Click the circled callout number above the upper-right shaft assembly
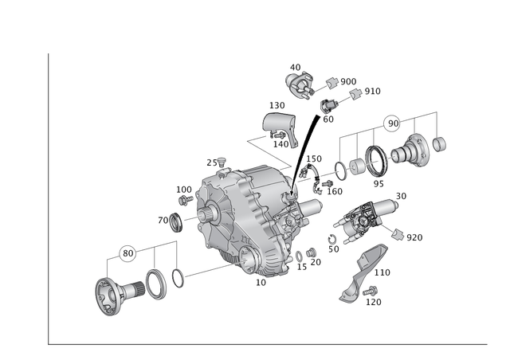pyautogui.click(x=392, y=123)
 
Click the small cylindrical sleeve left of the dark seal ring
pyautogui.click(x=355, y=166)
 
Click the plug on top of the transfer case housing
pyautogui.click(x=222, y=165)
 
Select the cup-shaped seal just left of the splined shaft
pyautogui.click(x=171, y=221)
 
